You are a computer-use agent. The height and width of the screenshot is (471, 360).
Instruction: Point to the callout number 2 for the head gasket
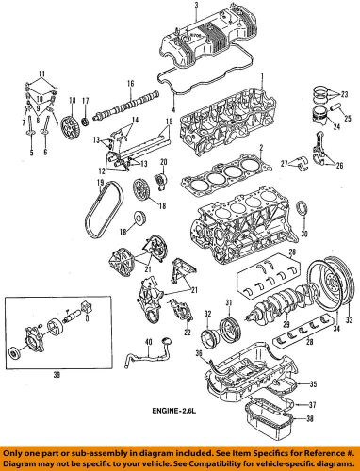259,148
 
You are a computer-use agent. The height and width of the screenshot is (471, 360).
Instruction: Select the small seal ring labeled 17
88,117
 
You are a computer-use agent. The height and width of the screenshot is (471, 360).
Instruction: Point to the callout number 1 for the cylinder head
263,76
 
